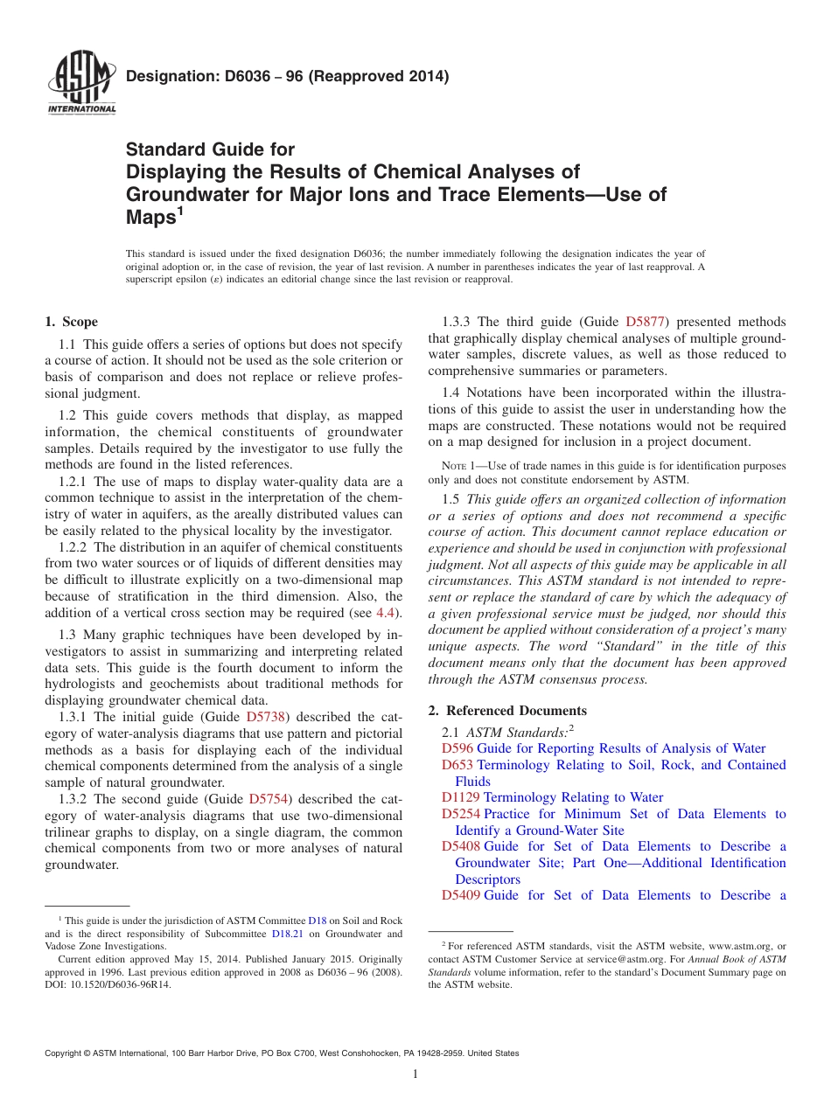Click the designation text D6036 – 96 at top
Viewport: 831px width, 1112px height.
[x=287, y=76]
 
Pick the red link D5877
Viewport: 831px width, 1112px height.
[x=646, y=322]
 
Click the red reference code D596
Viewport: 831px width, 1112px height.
[x=457, y=748]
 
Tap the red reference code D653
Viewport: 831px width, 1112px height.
[x=457, y=765]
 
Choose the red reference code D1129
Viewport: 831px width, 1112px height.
[x=460, y=797]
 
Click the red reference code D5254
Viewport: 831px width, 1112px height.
[x=460, y=814]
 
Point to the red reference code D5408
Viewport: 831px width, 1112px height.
[x=460, y=846]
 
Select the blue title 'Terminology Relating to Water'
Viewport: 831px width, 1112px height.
[x=573, y=797]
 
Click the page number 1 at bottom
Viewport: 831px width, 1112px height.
[x=415, y=1074]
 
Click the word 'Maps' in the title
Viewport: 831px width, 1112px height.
[x=150, y=218]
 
